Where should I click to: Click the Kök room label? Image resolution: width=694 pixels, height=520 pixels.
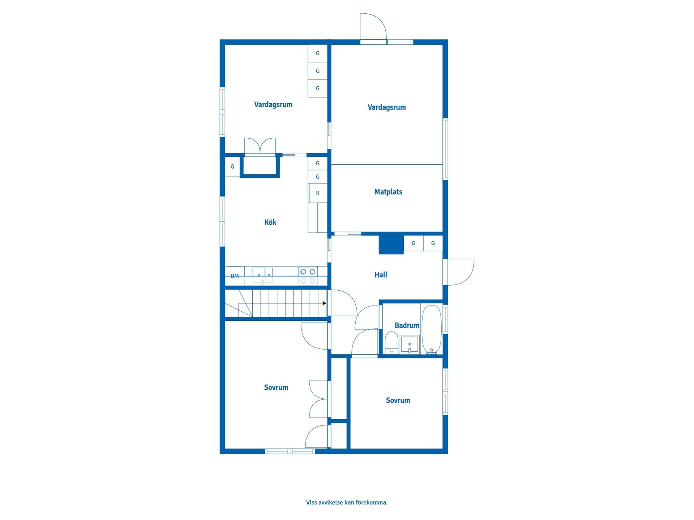click(x=270, y=222)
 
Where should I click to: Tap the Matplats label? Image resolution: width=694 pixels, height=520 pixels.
click(x=388, y=192)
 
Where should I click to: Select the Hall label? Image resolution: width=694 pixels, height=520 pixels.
click(x=381, y=275)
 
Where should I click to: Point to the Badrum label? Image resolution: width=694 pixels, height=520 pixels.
click(x=407, y=325)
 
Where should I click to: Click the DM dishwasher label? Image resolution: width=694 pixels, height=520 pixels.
click(x=235, y=276)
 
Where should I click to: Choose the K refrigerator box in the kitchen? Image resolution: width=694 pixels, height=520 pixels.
click(x=318, y=193)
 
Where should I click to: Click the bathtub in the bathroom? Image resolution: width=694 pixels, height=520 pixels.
click(x=432, y=330)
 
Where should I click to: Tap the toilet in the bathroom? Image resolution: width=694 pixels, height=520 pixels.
click(x=391, y=343)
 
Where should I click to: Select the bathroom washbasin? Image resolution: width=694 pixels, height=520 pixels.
click(x=410, y=344)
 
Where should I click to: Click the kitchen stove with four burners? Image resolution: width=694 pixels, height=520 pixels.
click(x=308, y=276)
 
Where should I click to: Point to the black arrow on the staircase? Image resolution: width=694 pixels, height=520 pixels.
click(x=324, y=303)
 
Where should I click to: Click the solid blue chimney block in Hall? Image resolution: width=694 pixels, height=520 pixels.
click(x=391, y=245)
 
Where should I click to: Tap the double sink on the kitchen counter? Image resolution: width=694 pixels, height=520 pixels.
click(x=262, y=276)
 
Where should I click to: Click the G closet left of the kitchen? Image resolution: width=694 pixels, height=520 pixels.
click(x=232, y=166)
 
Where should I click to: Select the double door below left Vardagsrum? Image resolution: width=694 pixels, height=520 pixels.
click(x=260, y=146)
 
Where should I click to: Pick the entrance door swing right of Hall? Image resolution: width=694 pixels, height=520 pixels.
click(x=461, y=272)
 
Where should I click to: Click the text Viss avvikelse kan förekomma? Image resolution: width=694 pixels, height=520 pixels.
click(x=347, y=502)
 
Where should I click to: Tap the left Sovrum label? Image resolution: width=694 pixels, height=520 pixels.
click(x=276, y=387)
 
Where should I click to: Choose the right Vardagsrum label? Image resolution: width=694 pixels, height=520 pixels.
click(x=387, y=107)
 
